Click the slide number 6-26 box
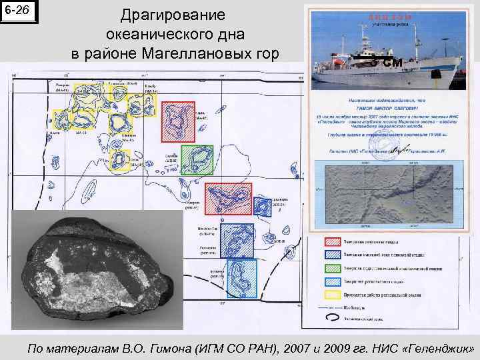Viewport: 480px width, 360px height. click(19, 11)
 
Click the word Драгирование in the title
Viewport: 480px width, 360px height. click(174, 15)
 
